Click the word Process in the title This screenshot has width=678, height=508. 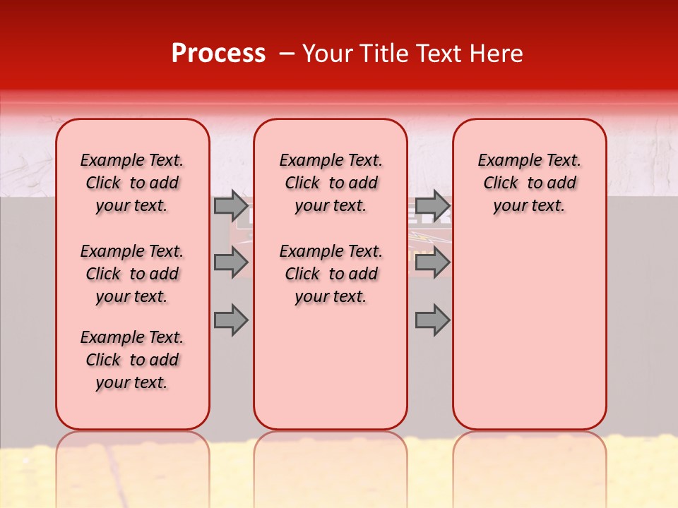218,54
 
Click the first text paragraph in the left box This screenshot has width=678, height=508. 132,183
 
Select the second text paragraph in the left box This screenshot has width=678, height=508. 132,274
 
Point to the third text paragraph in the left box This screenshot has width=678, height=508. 132,360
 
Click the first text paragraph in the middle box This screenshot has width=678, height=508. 331,183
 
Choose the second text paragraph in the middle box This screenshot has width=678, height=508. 331,274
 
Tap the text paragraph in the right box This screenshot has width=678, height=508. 529,183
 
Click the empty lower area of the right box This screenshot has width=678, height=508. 529,332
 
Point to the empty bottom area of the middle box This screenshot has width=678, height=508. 331,374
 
